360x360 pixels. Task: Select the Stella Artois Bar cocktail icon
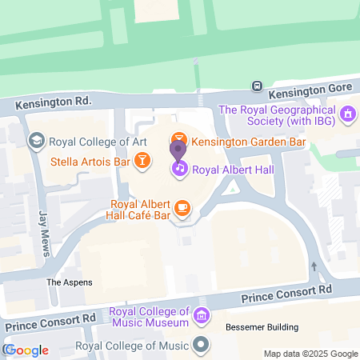click(x=142, y=160)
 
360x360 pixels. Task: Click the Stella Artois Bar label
click(x=90, y=161)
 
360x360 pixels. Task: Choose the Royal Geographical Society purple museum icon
click(x=347, y=115)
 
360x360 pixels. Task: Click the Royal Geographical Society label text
click(x=277, y=115)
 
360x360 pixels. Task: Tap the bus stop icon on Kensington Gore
click(x=257, y=86)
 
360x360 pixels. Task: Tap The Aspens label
click(x=69, y=282)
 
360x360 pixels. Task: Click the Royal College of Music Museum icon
click(x=202, y=316)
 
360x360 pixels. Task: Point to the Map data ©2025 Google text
click(x=311, y=354)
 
